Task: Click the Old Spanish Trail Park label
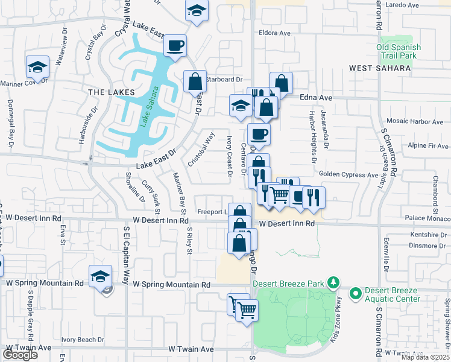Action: pyautogui.click(x=397, y=51)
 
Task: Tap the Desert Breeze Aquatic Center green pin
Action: pyautogui.click(x=356, y=294)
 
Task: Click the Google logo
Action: pyautogui.click(x=20, y=354)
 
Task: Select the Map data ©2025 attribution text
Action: pyautogui.click(x=425, y=357)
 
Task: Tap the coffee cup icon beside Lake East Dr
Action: pyautogui.click(x=175, y=46)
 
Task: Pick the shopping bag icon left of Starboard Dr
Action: pyautogui.click(x=195, y=81)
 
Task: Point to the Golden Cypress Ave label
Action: pyautogui.click(x=348, y=174)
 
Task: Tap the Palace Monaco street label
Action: pyautogui.click(x=428, y=217)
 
